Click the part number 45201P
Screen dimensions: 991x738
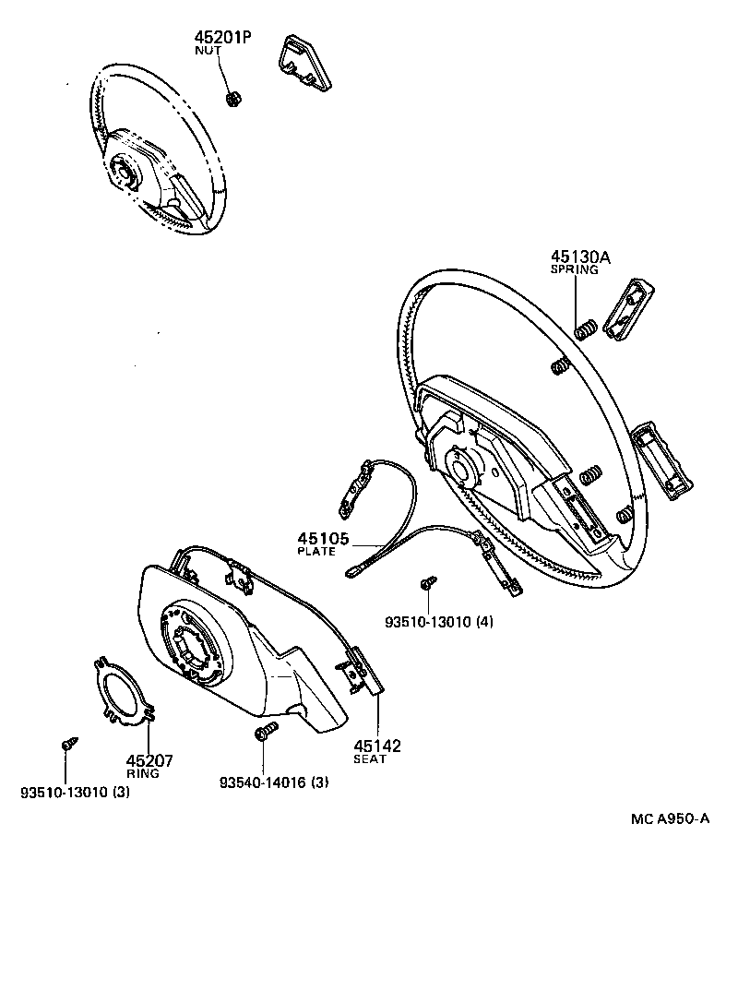(x=222, y=38)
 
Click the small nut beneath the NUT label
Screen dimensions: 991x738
(x=233, y=99)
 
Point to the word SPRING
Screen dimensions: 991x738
(x=575, y=270)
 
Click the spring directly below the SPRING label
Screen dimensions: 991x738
(x=583, y=328)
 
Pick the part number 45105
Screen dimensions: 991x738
(x=322, y=539)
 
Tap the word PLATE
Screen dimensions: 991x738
(x=316, y=552)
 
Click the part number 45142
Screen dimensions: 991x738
(x=378, y=746)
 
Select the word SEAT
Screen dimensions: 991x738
(x=371, y=759)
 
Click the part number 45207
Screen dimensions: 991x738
(x=149, y=761)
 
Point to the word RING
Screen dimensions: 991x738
(x=143, y=774)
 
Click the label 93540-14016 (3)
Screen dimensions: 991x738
(x=274, y=783)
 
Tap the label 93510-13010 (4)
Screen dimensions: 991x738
(x=439, y=622)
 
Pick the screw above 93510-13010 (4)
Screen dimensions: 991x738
(x=428, y=583)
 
